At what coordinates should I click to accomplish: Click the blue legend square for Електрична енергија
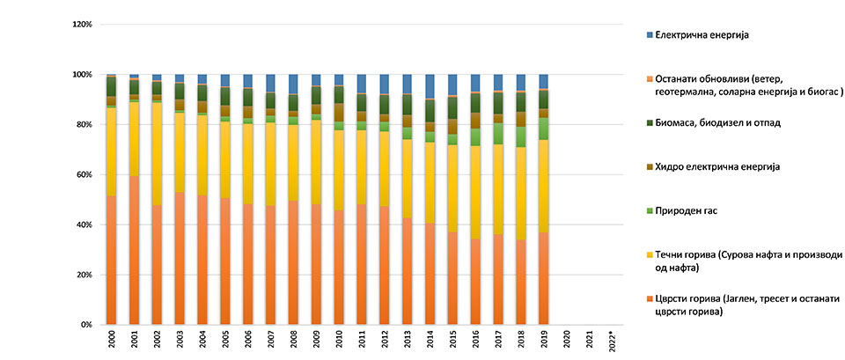(650, 34)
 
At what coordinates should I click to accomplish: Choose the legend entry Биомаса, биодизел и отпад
(721, 123)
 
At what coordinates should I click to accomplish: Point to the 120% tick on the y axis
(81, 24)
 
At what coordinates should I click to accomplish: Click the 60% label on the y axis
(84, 174)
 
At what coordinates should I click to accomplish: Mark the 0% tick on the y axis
(86, 325)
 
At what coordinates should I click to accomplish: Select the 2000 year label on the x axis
(112, 340)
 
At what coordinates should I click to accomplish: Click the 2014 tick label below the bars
(430, 340)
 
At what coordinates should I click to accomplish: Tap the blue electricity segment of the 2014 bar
(430, 86)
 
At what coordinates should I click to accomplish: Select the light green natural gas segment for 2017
(498, 134)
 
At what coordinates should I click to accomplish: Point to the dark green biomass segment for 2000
(112, 86)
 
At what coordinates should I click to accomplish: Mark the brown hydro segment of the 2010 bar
(339, 113)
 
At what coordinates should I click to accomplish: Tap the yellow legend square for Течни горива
(650, 255)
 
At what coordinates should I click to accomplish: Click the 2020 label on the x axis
(566, 340)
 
